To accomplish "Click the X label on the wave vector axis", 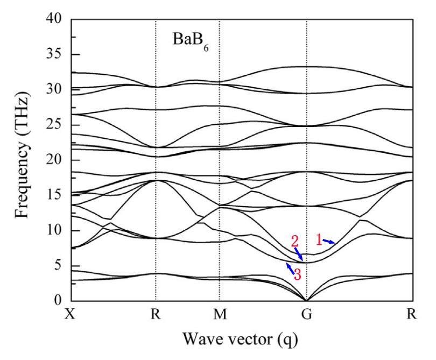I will coord(69,314).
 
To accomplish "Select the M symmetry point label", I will coord(219,314).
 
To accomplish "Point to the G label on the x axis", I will coord(306,314).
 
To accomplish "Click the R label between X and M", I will coord(156,314).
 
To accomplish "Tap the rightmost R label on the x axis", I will coord(412,314).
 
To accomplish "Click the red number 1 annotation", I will coord(318,240).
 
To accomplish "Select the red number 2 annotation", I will coord(294,240).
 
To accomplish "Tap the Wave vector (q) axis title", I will coord(240,340).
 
